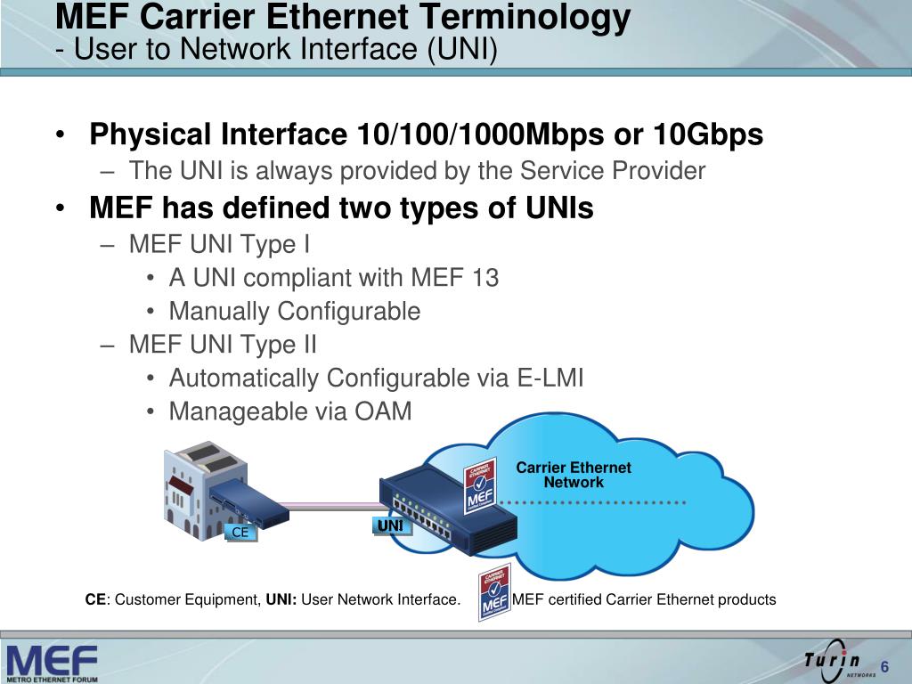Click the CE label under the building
[240, 533]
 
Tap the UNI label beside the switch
[390, 527]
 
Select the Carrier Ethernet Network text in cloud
[574, 475]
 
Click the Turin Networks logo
[834, 660]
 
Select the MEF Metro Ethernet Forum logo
[51, 662]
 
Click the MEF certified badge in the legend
[494, 592]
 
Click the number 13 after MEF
[485, 278]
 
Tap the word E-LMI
[550, 378]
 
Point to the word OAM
[384, 411]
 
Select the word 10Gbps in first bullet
[708, 134]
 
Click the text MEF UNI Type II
[222, 344]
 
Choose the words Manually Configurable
[294, 311]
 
